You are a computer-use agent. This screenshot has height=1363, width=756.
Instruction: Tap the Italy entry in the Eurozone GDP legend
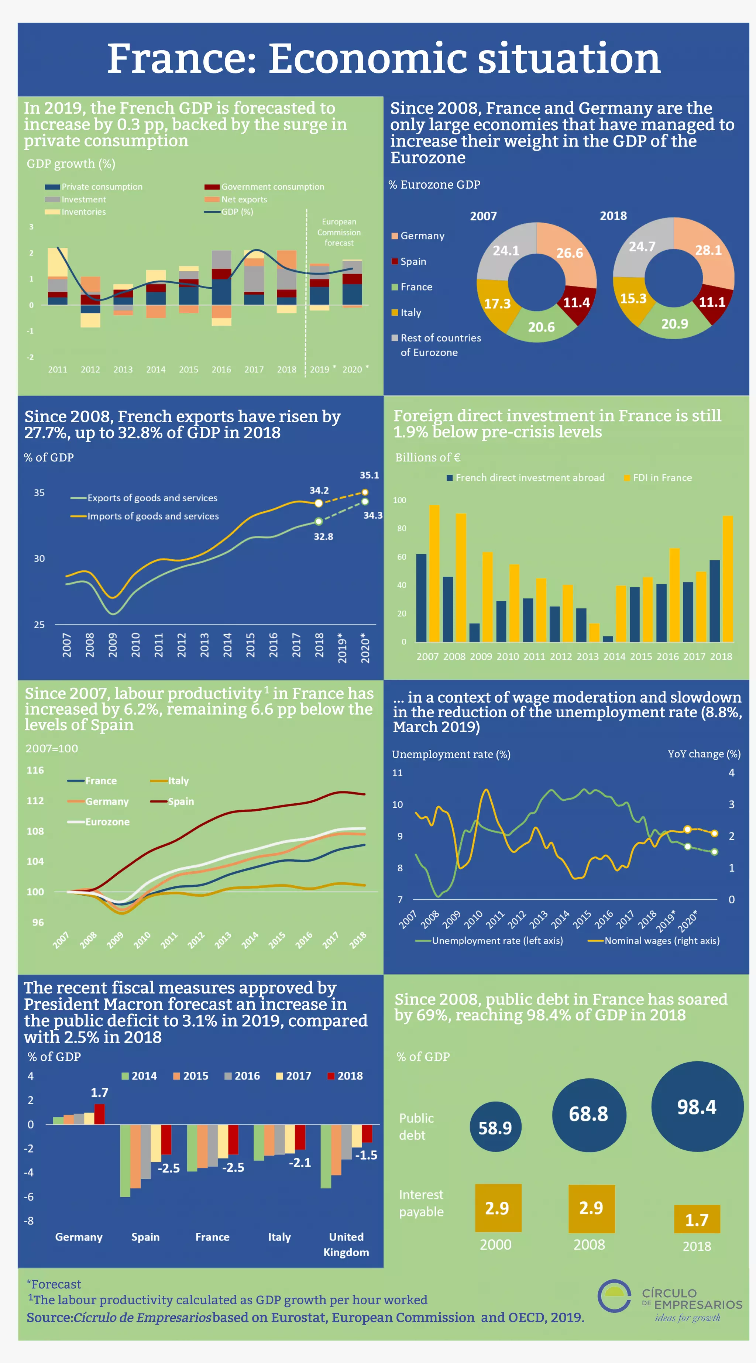tap(410, 313)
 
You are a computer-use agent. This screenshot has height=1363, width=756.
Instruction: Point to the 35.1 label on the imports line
tap(369, 475)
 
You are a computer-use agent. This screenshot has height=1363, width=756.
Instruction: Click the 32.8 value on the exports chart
tap(323, 536)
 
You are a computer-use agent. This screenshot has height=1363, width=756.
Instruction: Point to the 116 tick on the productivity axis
tap(35, 770)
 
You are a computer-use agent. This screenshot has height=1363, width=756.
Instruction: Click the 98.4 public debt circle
tap(697, 1107)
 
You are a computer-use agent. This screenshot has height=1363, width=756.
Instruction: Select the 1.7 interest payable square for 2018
tap(697, 1220)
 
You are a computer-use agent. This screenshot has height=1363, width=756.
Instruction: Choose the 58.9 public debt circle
tap(495, 1127)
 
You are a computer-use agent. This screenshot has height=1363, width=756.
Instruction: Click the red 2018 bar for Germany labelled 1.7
tap(99, 1114)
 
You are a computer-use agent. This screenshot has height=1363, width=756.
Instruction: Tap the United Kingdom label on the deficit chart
tap(346, 1244)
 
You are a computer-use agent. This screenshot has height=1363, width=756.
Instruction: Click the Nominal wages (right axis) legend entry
tap(661, 940)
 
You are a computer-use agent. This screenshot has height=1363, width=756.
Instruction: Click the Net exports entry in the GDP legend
tap(243, 199)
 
